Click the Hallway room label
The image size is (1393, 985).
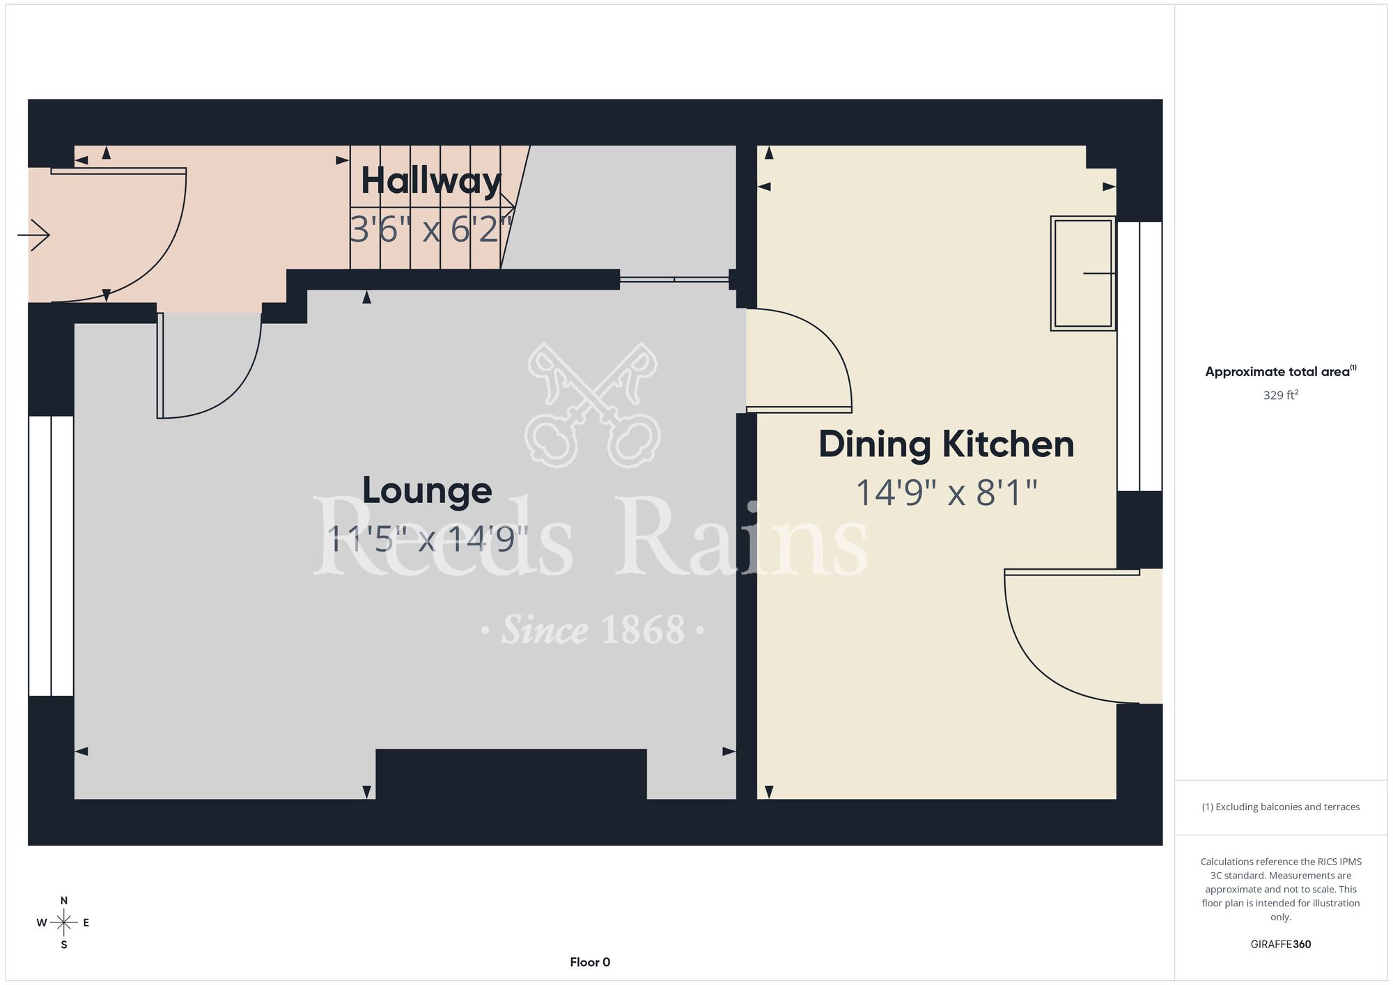tap(431, 181)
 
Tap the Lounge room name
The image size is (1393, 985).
tap(427, 490)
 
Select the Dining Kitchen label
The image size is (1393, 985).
tap(947, 444)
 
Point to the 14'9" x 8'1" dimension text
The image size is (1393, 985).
tap(947, 492)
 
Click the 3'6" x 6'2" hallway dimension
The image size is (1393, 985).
tap(431, 228)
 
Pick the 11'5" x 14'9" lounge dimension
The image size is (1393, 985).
tap(427, 538)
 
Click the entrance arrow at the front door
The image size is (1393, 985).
tap(33, 235)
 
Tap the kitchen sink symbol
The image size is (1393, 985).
tap(1083, 273)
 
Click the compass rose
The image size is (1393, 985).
tap(63, 922)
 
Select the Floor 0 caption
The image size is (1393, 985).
tap(590, 962)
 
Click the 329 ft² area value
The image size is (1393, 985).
tap(1281, 395)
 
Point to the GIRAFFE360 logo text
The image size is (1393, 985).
tap(1281, 945)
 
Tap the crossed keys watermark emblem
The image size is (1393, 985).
tap(592, 404)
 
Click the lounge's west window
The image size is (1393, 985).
tap(51, 556)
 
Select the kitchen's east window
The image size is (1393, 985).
tap(1139, 356)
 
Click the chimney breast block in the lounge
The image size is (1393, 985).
tap(511, 774)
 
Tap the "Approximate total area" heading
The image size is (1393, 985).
tap(1281, 371)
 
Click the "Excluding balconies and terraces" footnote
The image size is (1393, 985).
tap(1281, 807)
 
